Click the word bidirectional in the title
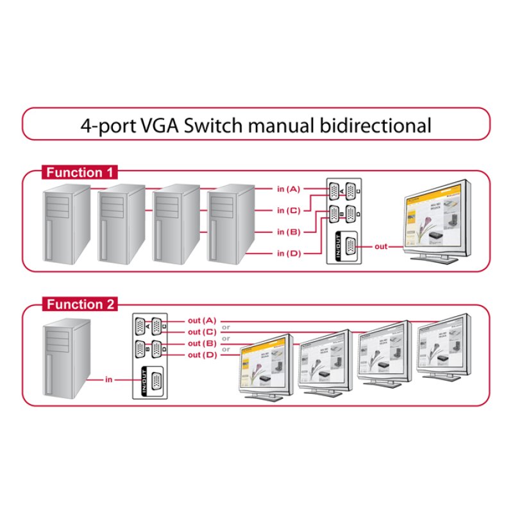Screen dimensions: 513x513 [374, 124]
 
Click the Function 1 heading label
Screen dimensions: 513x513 [79, 172]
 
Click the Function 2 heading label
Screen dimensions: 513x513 [79, 305]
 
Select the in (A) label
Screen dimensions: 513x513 [288, 189]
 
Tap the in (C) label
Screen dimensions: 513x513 [288, 210]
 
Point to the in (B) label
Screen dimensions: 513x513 [288, 231]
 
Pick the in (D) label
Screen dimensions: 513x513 [288, 253]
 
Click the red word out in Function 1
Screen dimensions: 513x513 [381, 246]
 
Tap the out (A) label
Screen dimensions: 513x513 [202, 320]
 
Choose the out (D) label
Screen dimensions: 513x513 [202, 355]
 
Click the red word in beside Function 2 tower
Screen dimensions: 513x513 [108, 380]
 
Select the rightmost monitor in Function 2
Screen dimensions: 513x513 [442, 343]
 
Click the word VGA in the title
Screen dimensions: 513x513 [156, 124]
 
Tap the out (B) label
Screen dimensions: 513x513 [202, 343]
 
